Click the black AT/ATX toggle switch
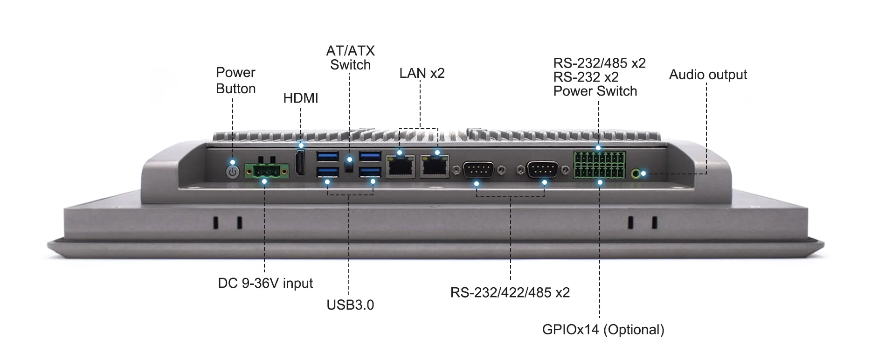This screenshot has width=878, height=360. [349, 164]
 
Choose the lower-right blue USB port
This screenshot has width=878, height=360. [370, 173]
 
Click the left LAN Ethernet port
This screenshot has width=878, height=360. [401, 166]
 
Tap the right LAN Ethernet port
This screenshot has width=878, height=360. [435, 166]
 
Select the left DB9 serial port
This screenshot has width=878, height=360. [479, 170]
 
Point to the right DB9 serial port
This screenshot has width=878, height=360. [542, 170]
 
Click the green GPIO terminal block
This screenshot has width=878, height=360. [599, 165]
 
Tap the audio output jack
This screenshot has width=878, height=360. [636, 174]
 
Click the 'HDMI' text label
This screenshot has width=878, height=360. [301, 98]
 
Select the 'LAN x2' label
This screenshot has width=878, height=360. [422, 73]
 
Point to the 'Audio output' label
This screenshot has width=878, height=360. [708, 75]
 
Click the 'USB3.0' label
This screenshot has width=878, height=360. [350, 305]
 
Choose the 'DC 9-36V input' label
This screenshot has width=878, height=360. [265, 283]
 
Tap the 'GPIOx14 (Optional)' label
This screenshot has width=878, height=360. [603, 330]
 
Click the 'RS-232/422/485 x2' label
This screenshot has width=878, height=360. [510, 292]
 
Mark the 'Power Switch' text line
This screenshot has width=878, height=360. [595, 91]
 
